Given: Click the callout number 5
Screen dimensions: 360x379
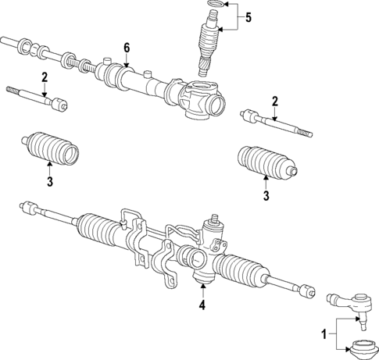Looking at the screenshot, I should [x=248, y=17].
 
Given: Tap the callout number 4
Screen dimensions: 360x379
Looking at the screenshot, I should [x=202, y=305].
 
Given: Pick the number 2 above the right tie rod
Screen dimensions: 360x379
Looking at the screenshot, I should [x=275, y=100].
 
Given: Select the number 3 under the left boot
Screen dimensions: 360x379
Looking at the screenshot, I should [x=48, y=182].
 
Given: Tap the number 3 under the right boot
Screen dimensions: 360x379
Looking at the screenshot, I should [x=266, y=196].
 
